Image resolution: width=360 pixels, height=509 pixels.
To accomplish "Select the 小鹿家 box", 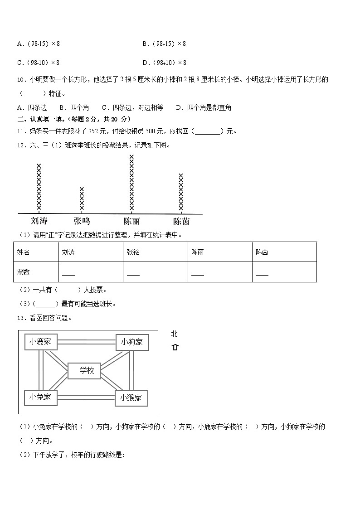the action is click(x=41, y=342).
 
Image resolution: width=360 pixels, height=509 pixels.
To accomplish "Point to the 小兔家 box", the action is click(x=41, y=398).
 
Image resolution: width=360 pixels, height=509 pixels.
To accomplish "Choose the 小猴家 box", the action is click(x=131, y=398).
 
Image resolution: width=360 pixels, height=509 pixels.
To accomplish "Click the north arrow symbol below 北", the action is click(x=175, y=347).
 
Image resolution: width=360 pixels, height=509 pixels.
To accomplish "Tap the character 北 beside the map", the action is click(x=175, y=334).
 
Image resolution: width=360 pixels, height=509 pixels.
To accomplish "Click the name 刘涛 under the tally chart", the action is click(x=39, y=221).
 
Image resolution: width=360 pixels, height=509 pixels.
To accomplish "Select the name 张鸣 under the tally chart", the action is click(x=82, y=221).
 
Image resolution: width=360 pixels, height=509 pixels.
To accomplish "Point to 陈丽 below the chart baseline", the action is click(x=131, y=221).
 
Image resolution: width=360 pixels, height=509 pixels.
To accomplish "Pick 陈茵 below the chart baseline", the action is click(x=181, y=221).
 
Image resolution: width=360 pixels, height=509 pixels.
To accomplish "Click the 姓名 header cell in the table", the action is click(x=24, y=252).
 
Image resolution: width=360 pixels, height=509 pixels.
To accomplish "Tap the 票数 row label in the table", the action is click(x=24, y=272).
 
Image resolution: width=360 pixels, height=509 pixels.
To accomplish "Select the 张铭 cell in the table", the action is click(x=133, y=252).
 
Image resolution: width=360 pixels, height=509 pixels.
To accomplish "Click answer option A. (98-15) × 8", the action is click(x=39, y=44).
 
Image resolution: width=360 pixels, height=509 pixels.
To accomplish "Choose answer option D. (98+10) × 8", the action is click(x=164, y=63).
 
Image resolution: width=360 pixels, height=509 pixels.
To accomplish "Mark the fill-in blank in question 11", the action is click(x=209, y=132).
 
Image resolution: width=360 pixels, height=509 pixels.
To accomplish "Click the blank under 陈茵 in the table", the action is click(x=262, y=274).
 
